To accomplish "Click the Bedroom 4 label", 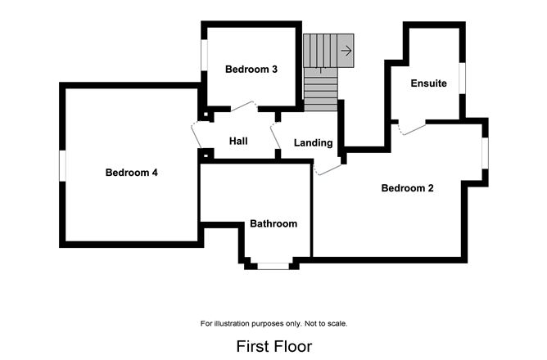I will pos(131,173).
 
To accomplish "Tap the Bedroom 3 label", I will pos(251,70).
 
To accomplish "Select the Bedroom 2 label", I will pos(407,188).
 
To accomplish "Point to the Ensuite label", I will pos(429,83).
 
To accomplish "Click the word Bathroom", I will pos(273,223).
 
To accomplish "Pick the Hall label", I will pos(238,142).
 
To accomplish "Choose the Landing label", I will pos(314,143).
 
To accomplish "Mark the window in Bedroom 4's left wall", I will pos(61,164).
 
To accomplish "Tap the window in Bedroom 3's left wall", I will pos(204,61).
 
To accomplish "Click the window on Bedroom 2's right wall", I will pos(485,152).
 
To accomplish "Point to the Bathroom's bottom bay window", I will pos(273,265).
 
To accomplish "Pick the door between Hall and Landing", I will pos(276,135).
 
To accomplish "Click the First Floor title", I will pos(273,346).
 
